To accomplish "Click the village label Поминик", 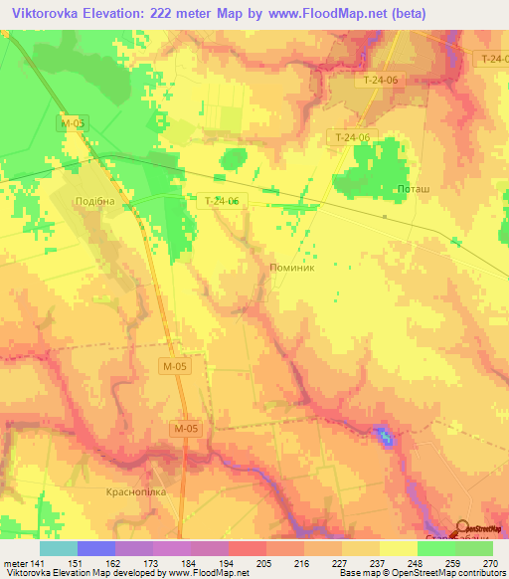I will click(292, 268).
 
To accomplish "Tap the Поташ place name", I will click(414, 188).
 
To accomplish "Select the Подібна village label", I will click(95, 201).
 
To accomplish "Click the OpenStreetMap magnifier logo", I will click(464, 529).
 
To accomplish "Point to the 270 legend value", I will click(492, 563).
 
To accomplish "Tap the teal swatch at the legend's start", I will click(59, 548).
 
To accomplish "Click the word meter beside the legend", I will click(13, 563).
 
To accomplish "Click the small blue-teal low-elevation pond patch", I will click(382, 434).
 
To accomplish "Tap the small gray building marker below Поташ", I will click(385, 215).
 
